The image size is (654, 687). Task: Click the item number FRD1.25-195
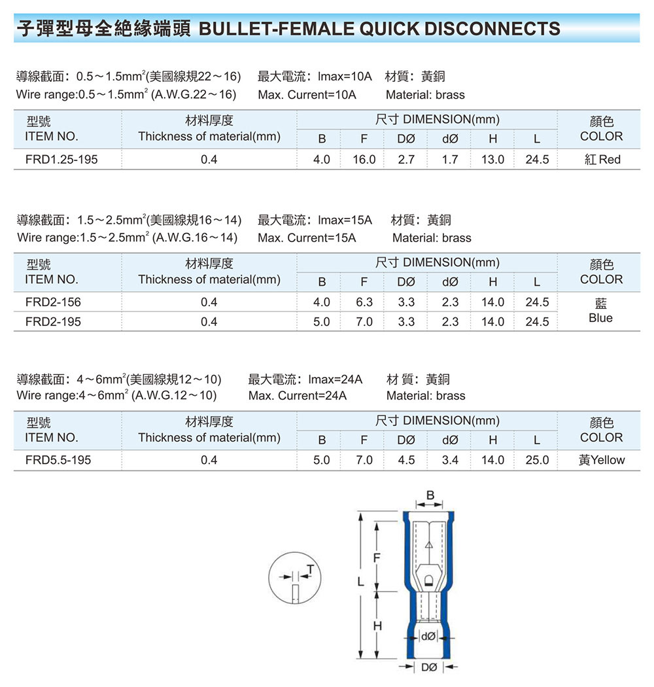(61, 160)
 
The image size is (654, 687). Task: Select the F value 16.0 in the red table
(364, 160)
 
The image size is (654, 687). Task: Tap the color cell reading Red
(602, 160)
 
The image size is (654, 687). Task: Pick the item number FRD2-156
(53, 302)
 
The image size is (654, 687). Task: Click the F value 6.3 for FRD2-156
(364, 302)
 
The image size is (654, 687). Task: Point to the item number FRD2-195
(53, 322)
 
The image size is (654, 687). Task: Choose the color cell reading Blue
(600, 311)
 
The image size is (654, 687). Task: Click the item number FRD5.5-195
(58, 460)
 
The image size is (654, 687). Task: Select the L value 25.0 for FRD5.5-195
(537, 460)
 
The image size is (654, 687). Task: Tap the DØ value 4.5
(406, 460)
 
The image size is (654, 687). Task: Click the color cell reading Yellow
(602, 460)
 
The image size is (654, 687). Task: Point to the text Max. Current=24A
(298, 396)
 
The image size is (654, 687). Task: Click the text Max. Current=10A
(307, 95)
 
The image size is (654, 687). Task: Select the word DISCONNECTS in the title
(492, 29)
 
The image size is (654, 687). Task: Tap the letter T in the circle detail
(310, 569)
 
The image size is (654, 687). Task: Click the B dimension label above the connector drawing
(430, 495)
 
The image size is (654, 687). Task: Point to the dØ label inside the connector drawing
(428, 636)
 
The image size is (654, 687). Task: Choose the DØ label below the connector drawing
(429, 667)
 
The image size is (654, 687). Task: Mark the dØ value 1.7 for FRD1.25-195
(450, 160)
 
